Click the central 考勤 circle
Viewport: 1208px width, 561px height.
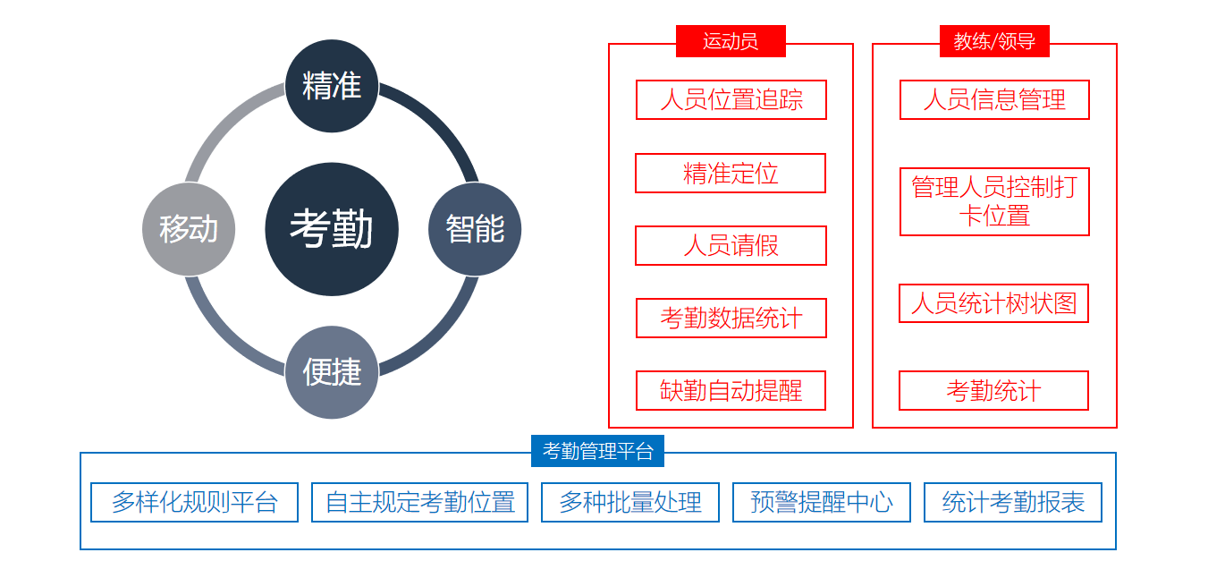332,229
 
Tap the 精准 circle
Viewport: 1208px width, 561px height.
332,86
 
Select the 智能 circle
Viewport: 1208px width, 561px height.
475,229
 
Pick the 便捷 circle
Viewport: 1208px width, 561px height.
332,372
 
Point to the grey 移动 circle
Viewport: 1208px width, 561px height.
189,229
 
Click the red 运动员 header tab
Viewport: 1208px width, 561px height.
731,41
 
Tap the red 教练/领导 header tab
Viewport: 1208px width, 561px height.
994,41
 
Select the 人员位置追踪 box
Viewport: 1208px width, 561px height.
731,100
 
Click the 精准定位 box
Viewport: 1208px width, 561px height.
731,174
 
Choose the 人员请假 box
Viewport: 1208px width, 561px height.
731,246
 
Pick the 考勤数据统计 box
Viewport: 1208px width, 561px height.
731,319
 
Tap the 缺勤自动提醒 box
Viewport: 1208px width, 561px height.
731,390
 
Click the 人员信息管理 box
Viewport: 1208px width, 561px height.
994,100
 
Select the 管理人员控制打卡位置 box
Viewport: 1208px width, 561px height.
994,201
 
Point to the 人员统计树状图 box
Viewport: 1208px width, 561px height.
994,303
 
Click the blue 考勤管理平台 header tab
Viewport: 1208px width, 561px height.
597,451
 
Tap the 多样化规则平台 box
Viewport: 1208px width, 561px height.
194,502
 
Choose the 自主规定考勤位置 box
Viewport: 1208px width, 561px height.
419,502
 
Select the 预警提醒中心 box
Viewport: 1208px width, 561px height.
822,502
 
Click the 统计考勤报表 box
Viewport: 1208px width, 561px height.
1013,502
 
